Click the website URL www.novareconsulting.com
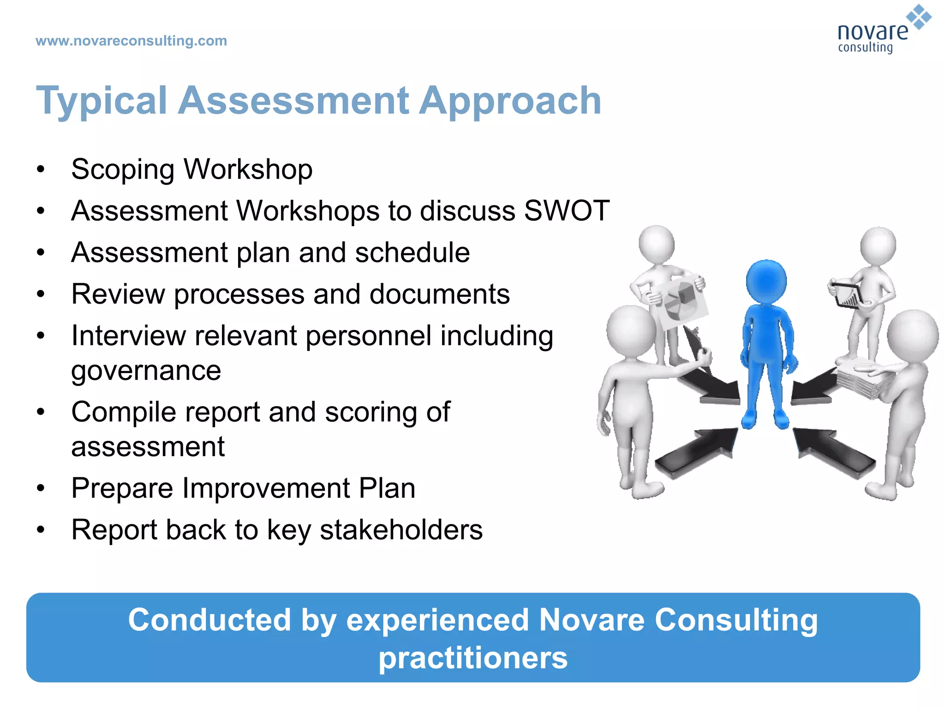(x=131, y=41)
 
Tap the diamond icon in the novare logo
(x=919, y=17)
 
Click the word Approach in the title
(x=510, y=101)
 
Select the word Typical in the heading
(x=102, y=101)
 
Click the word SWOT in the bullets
(x=567, y=211)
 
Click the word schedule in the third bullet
(x=412, y=252)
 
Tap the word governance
(x=146, y=370)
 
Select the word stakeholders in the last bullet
(x=401, y=530)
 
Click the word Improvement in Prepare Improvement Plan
(x=266, y=488)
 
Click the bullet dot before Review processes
(x=41, y=294)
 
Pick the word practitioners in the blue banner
(x=472, y=658)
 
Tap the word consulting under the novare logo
(x=865, y=48)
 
